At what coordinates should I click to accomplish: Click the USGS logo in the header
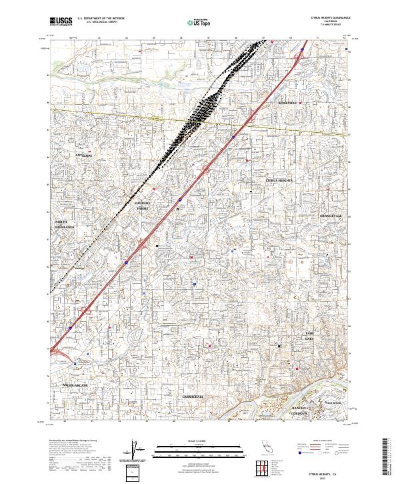[x=61, y=21]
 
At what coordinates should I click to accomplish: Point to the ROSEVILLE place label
[x=291, y=103]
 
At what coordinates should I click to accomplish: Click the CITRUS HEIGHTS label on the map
[x=279, y=180]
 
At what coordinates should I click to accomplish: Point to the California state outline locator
[x=250, y=445]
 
